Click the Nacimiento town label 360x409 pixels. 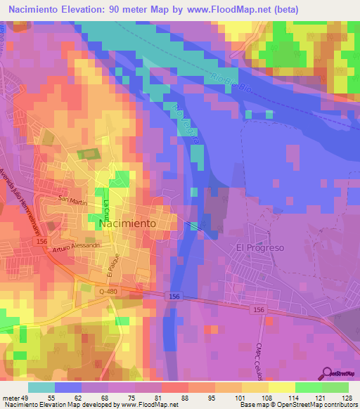click(129, 223)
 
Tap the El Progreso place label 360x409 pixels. click(259, 248)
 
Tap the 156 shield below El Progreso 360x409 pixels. click(259, 309)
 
